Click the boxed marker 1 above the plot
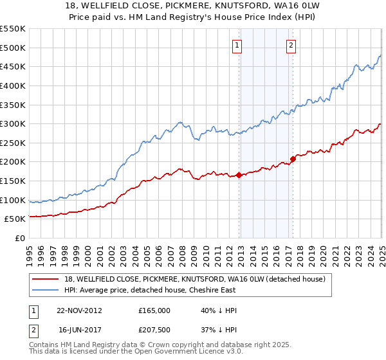[x=237, y=45]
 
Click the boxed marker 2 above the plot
[x=291, y=45]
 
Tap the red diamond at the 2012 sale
[x=239, y=175]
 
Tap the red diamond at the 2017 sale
[x=293, y=158]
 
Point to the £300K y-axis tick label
[x=13, y=123]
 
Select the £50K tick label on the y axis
[x=15, y=219]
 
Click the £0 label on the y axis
[x=21, y=239]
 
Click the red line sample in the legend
[x=46, y=278]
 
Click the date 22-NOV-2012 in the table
[x=79, y=310]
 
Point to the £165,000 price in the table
[x=154, y=310]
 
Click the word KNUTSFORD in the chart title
[x=242, y=6]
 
